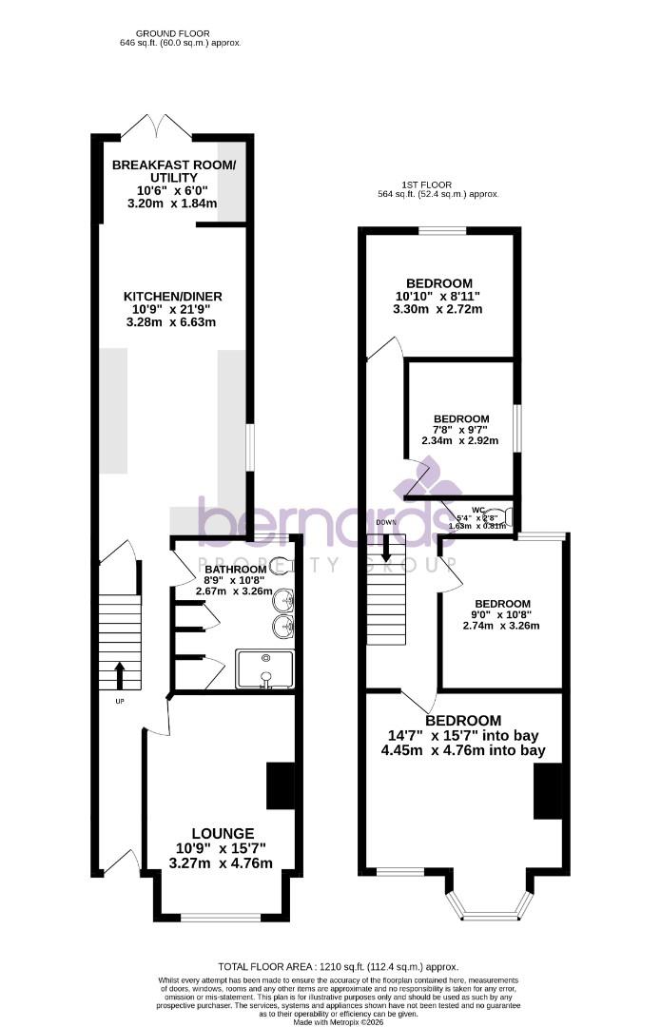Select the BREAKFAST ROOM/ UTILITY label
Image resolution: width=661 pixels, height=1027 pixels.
click(173, 171)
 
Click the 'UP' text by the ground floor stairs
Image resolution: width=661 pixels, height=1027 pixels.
click(120, 702)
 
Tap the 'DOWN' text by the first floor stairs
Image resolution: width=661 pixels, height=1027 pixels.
click(385, 522)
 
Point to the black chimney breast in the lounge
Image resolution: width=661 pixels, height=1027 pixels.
click(281, 785)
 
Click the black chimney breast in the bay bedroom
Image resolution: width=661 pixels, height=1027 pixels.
click(549, 792)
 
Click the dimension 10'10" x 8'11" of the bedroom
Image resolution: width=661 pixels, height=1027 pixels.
click(439, 297)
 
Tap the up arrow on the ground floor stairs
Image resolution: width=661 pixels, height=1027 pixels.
click(120, 675)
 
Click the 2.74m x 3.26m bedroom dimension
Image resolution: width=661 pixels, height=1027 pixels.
click(501, 626)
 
